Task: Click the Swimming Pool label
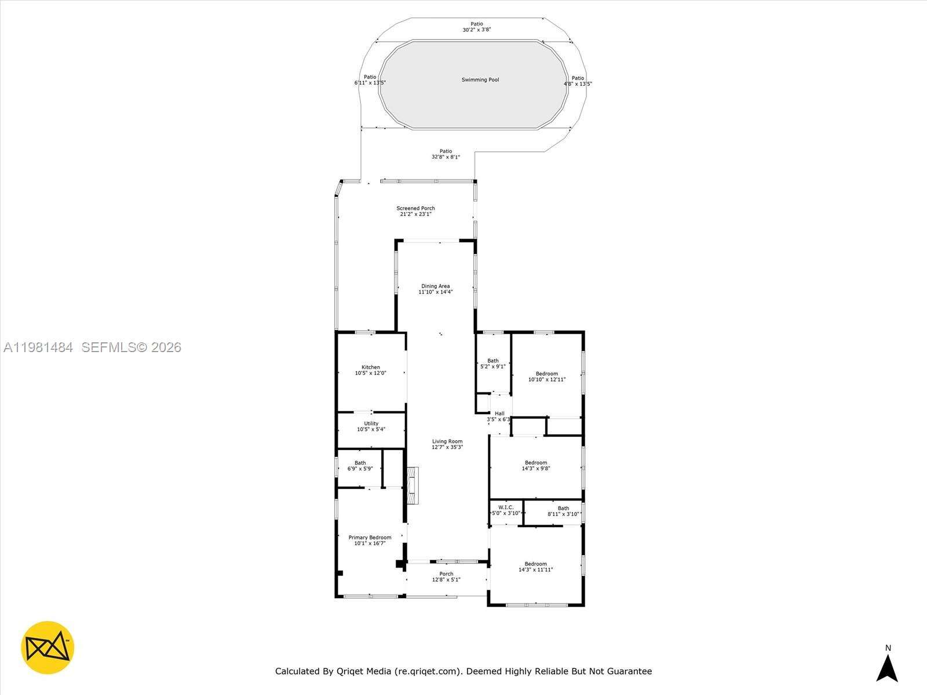(x=480, y=80)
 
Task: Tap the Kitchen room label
(x=371, y=367)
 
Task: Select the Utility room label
(x=371, y=423)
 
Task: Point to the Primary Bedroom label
(x=370, y=537)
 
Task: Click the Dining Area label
(x=436, y=286)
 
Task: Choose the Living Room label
(x=447, y=441)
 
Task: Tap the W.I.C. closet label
(x=506, y=507)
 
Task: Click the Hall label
(x=499, y=414)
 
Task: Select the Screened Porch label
(x=415, y=209)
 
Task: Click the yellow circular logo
(x=48, y=648)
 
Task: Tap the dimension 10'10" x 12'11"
(x=547, y=380)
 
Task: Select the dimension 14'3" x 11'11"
(x=536, y=570)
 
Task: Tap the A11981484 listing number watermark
(x=38, y=348)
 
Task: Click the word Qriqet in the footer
(x=354, y=672)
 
